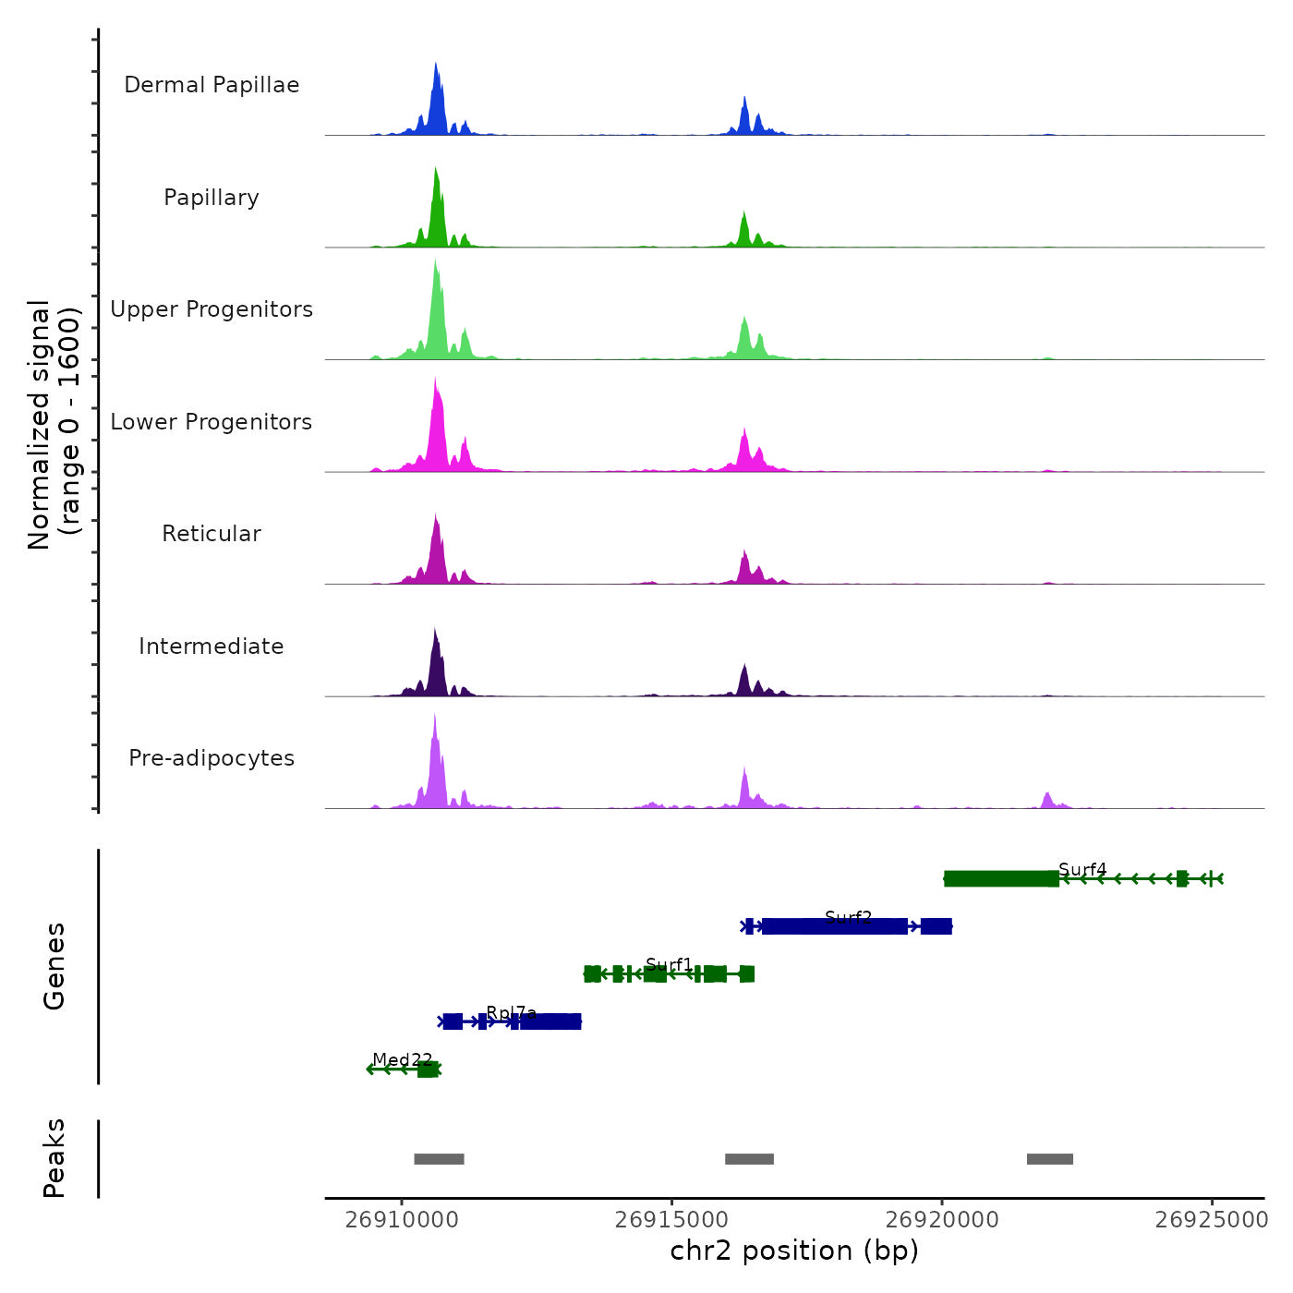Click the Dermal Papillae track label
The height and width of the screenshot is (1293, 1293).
pyautogui.click(x=211, y=85)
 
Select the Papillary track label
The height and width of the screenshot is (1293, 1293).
pyautogui.click(x=211, y=198)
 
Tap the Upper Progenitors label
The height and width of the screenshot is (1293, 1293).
pyautogui.click(x=211, y=309)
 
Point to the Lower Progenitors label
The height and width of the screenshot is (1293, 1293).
pyautogui.click(x=211, y=422)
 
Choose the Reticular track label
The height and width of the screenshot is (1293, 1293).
pyautogui.click(x=211, y=534)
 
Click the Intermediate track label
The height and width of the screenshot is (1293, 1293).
pyautogui.click(x=211, y=646)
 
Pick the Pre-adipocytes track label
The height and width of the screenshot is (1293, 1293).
pyautogui.click(x=211, y=758)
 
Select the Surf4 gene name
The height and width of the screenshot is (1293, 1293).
pyautogui.click(x=1082, y=869)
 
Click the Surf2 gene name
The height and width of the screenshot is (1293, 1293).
pyautogui.click(x=848, y=917)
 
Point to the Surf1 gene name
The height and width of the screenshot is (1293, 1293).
pyautogui.click(x=669, y=964)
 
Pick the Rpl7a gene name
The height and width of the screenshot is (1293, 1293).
pyautogui.click(x=511, y=1012)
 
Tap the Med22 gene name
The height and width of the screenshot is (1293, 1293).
pyautogui.click(x=402, y=1059)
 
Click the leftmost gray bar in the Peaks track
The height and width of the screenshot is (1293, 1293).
pyautogui.click(x=439, y=1159)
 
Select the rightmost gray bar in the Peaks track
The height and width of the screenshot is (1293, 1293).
pyautogui.click(x=1050, y=1159)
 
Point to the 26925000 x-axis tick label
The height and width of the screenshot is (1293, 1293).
pyautogui.click(x=1212, y=1220)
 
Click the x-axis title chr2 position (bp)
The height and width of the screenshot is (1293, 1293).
pyautogui.click(x=794, y=1251)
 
